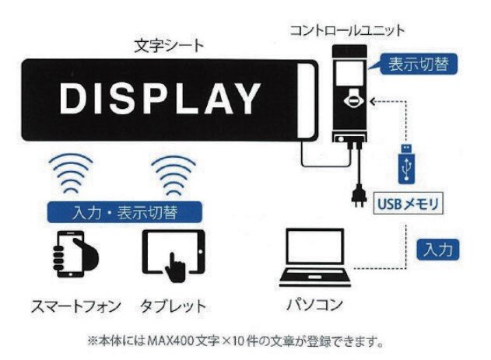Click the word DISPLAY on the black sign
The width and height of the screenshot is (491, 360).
click(160, 99)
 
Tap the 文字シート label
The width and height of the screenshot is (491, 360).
click(169, 47)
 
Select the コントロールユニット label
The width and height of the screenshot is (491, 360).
click(348, 30)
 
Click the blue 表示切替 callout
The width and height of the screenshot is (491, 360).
click(419, 64)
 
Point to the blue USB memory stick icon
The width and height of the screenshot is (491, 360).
click(407, 163)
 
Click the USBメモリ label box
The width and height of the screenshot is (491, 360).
click(409, 204)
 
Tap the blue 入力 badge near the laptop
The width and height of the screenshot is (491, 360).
click(438, 250)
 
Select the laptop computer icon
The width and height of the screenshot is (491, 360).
click(315, 257)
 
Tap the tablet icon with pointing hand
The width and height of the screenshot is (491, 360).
click(174, 255)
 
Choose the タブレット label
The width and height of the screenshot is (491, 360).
click(173, 306)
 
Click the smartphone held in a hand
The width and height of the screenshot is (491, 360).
click(74, 254)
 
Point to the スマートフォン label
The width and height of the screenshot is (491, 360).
click(76, 306)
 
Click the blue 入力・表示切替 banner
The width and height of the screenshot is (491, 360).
click(125, 212)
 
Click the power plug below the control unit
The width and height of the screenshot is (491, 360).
click(359, 195)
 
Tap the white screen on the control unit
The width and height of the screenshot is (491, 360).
click(351, 72)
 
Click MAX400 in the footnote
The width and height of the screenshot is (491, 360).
click(170, 341)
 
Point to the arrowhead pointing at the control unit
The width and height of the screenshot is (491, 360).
click(373, 102)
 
